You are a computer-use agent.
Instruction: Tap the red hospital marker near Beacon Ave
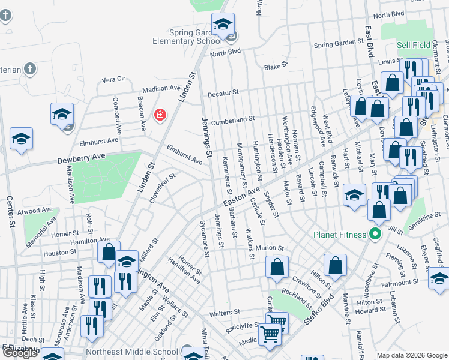pyautogui.click(x=160, y=115)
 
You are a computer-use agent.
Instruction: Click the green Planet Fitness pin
pyautogui.click(x=376, y=233)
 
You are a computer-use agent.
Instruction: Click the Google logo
pyautogui.click(x=20, y=352)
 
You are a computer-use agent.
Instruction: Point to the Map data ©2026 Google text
pyautogui.click(x=411, y=355)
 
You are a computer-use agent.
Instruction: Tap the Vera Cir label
pyautogui.click(x=113, y=79)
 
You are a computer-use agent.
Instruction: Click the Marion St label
pyautogui.click(x=268, y=248)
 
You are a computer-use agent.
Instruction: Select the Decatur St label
pyautogui.click(x=223, y=93)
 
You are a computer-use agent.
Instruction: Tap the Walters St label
pyautogui.click(x=224, y=313)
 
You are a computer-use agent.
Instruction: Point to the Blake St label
pyautogui.click(x=276, y=67)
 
